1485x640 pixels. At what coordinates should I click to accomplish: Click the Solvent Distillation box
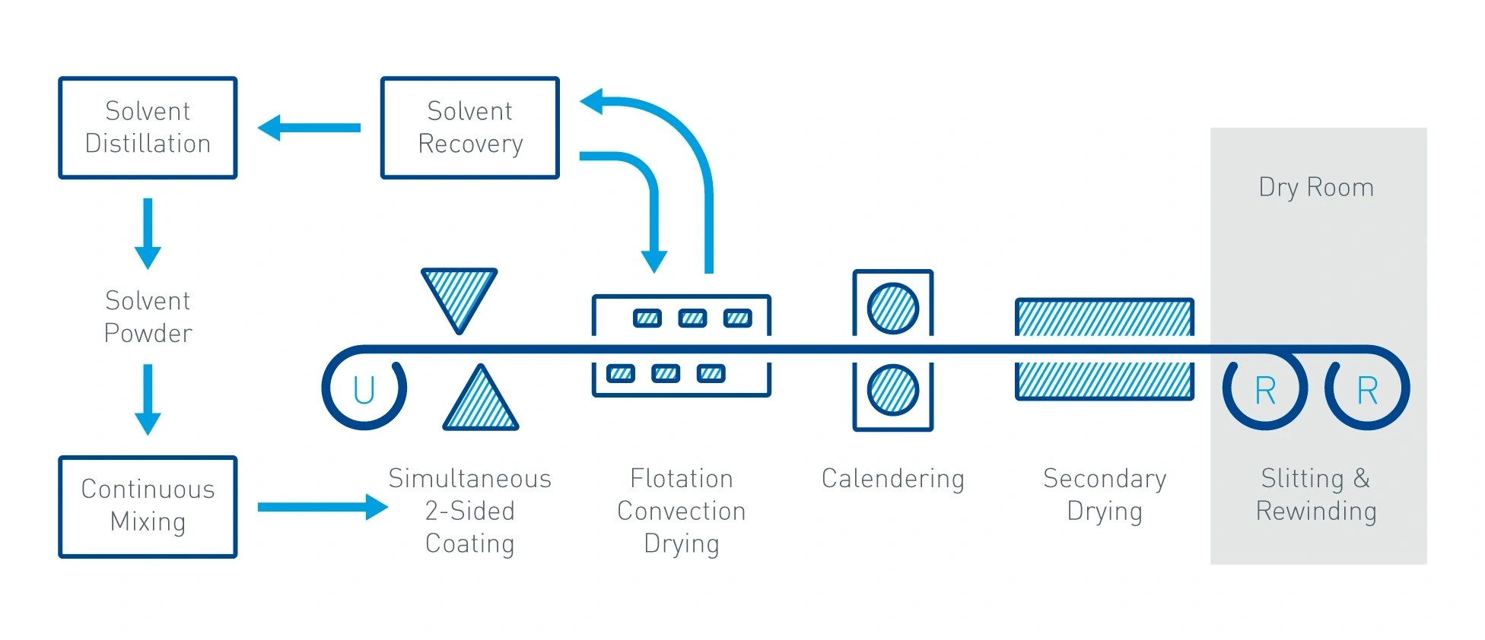[x=148, y=128]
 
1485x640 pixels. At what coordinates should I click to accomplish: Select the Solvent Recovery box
[x=469, y=128]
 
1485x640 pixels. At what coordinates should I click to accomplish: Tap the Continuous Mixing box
[x=148, y=506]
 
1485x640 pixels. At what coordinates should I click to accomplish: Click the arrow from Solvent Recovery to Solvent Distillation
[x=309, y=128]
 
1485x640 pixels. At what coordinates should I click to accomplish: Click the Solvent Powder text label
[x=148, y=317]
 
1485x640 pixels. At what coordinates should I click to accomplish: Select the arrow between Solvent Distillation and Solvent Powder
[x=148, y=233]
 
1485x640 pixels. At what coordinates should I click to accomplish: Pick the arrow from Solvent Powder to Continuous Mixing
[x=148, y=398]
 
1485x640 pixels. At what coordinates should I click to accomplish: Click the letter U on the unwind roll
[x=364, y=391]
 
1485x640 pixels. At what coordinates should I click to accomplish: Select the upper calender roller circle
[x=892, y=309]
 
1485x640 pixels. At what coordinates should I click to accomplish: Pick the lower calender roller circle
[x=892, y=390]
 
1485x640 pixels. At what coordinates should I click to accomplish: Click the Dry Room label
[x=1316, y=188]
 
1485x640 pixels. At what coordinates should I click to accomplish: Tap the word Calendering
[x=892, y=479]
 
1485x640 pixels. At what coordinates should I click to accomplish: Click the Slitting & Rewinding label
[x=1316, y=495]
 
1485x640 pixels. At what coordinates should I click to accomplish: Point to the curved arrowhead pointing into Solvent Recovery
[x=593, y=101]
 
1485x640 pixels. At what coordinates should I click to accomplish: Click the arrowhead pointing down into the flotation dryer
[x=653, y=261]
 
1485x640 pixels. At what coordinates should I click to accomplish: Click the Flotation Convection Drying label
[x=681, y=511]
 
